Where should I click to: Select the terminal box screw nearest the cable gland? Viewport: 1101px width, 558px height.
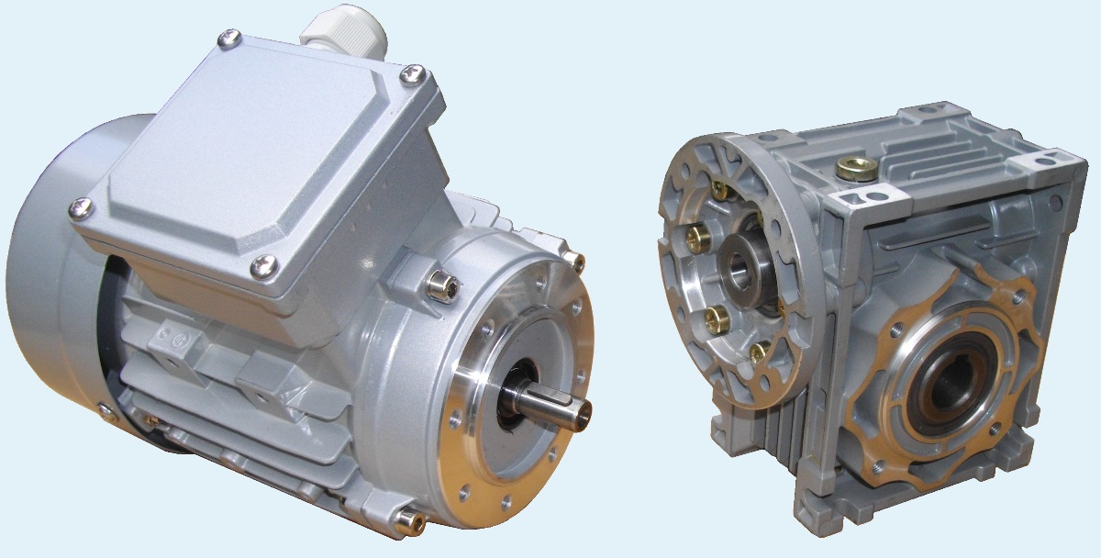(x=229, y=39)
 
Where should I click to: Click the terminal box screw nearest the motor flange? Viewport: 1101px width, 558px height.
(x=265, y=267)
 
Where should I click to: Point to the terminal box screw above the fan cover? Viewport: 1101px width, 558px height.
(x=81, y=209)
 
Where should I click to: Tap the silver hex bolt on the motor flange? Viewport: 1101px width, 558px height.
(x=439, y=286)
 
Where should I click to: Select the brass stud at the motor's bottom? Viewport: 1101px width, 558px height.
(x=405, y=520)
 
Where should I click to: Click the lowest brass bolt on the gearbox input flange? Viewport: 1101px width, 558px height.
(x=758, y=352)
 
